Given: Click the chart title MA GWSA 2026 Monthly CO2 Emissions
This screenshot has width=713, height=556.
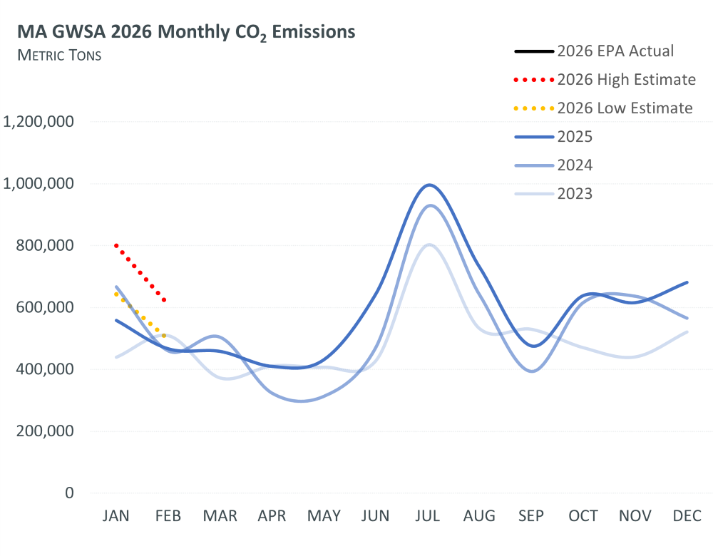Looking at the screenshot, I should click(187, 33).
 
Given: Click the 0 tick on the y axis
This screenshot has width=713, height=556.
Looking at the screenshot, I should click(68, 493).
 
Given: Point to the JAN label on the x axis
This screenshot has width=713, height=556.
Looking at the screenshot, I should click(116, 516).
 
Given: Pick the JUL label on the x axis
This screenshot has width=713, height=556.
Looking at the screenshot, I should click(428, 516).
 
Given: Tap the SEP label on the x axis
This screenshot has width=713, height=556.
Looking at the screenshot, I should click(532, 516).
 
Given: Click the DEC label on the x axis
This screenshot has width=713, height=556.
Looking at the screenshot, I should click(687, 516).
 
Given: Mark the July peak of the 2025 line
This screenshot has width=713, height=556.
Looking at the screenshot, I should click(429, 185).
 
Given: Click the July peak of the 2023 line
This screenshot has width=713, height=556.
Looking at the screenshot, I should click(429, 244).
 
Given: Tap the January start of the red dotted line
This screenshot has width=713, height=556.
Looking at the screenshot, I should click(116, 245).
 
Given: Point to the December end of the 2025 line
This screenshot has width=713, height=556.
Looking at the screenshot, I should click(687, 282).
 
